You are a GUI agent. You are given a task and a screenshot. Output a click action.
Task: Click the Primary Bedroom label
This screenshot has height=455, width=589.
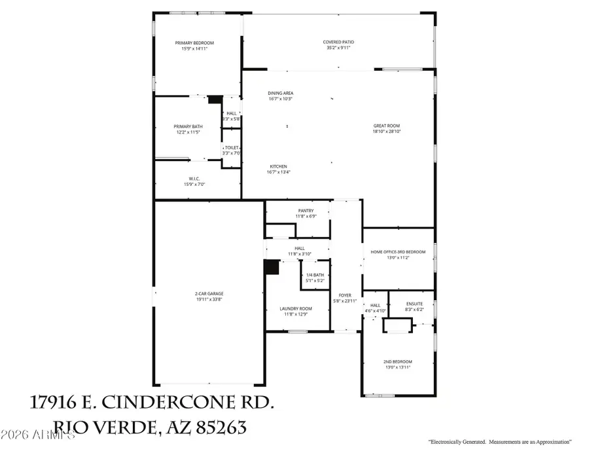point(194,43)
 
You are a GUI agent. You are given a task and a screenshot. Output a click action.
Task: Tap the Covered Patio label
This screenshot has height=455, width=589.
point(338,43)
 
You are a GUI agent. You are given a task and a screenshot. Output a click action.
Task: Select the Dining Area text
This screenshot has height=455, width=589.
point(280,94)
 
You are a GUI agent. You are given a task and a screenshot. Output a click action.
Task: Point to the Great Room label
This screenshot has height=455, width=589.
point(386,126)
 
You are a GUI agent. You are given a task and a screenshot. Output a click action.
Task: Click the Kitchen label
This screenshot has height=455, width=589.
point(277,166)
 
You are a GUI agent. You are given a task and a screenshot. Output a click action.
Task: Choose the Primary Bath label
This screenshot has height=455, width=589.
point(187,126)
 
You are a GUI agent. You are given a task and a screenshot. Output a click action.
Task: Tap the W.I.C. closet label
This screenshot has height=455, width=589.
point(194,179)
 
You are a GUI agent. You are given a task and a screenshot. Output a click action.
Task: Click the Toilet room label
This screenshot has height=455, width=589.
point(232,148)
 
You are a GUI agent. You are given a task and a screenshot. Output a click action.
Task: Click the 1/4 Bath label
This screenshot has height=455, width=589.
point(315,275)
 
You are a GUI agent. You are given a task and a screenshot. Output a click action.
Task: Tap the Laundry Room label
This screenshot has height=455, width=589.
point(296,308)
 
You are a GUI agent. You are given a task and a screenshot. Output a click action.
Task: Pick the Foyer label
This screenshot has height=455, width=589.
point(345,295)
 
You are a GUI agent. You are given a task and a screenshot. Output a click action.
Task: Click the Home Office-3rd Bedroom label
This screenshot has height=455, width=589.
point(398,252)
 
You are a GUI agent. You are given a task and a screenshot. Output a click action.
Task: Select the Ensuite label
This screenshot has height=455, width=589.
point(415,304)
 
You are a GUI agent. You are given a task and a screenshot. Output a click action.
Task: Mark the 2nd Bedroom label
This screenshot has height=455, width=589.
point(398,361)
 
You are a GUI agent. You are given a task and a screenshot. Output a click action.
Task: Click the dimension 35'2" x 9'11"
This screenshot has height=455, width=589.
point(338,48)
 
